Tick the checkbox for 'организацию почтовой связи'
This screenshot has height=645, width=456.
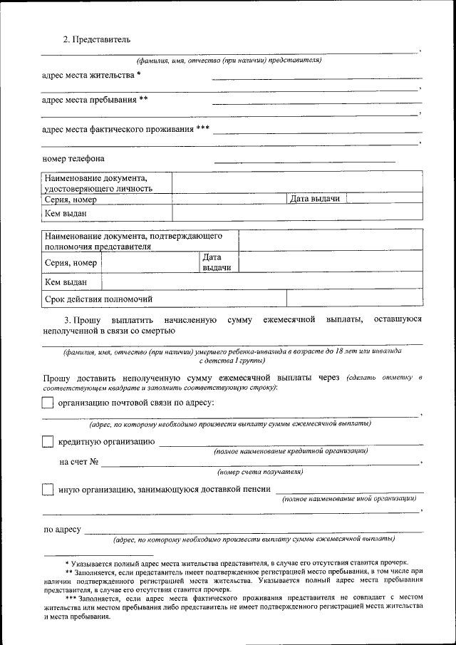(48, 403)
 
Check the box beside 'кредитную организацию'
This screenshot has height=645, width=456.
(48, 442)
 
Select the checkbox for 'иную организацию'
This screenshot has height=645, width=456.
(48, 490)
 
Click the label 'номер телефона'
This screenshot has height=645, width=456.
(73, 158)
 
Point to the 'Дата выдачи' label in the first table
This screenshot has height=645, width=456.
(315, 199)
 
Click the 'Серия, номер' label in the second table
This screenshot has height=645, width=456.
(71, 263)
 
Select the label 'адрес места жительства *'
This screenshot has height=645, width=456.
(91, 74)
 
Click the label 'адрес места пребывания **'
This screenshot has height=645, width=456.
(95, 100)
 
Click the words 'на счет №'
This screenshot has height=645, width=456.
(78, 463)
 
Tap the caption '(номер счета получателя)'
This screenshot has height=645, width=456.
(261, 472)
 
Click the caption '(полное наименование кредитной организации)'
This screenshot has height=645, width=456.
(291, 451)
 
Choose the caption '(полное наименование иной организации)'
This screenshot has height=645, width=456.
(348, 499)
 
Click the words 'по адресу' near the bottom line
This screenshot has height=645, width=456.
(61, 530)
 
